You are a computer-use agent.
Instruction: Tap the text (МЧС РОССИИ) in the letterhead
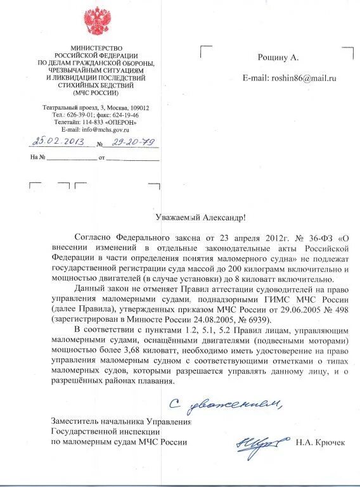click(x=96, y=92)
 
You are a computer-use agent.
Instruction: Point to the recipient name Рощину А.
click(x=278, y=57)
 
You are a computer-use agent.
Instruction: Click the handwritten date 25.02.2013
click(x=55, y=142)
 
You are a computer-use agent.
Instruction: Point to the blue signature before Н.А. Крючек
click(x=258, y=443)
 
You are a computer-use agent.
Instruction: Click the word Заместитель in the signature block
click(x=75, y=422)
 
